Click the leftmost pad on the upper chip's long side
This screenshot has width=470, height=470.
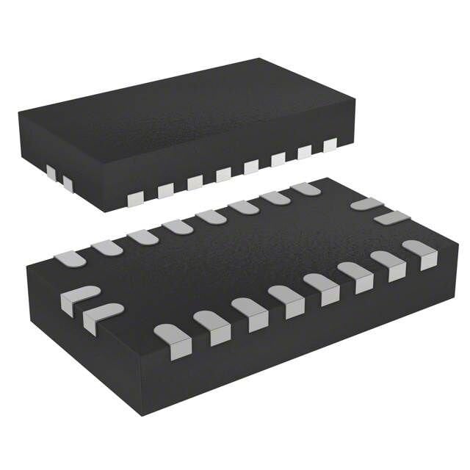point(135,199)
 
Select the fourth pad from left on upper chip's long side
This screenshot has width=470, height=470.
point(223,174)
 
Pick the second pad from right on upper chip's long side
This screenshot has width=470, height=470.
point(304,151)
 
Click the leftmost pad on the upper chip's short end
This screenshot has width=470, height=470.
point(51,173)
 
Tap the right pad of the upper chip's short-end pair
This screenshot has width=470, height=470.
point(67,181)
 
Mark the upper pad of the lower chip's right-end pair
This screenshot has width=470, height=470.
point(366,204)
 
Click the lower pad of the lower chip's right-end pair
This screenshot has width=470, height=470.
point(391,217)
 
